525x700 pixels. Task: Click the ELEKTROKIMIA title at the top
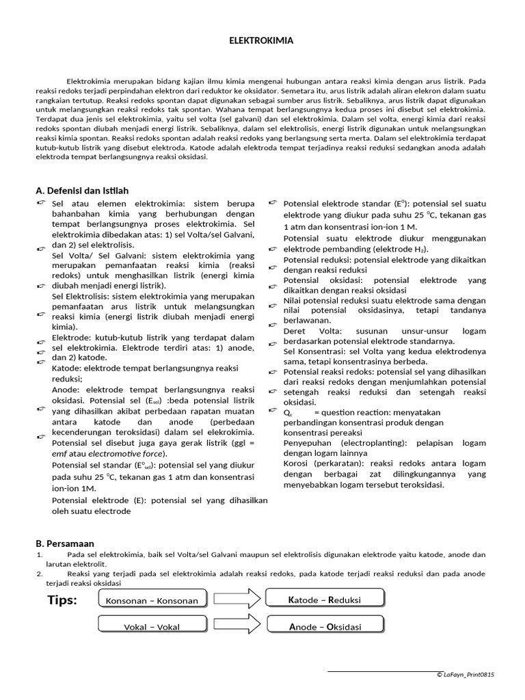(x=261, y=41)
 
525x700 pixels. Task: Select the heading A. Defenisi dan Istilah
(x=82, y=191)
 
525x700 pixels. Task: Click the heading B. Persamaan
(x=66, y=543)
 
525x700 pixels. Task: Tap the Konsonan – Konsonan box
(x=152, y=601)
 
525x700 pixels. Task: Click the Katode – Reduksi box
(x=325, y=600)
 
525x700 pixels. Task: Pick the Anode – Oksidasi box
(x=325, y=626)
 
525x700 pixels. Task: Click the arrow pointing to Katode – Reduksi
(x=237, y=600)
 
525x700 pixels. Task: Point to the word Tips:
(x=62, y=600)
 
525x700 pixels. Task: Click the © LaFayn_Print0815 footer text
(x=465, y=675)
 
